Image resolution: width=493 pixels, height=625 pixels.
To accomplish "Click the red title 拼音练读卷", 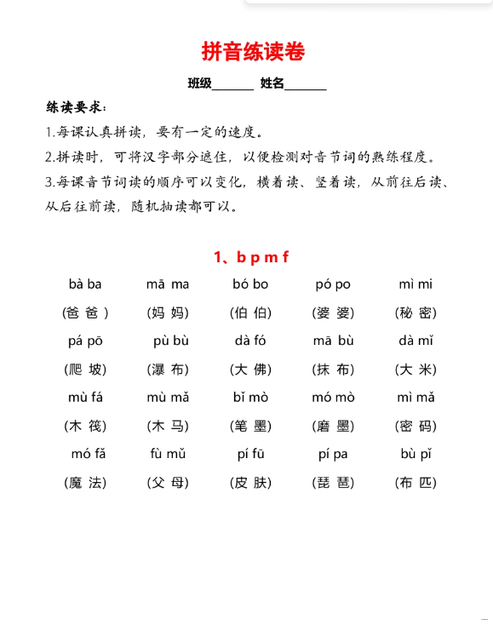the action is point(253,52).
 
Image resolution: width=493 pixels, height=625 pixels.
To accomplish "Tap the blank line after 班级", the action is point(232,84).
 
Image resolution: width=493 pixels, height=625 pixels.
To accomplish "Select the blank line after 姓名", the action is point(306,84).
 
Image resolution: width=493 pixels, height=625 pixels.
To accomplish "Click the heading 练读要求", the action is point(76,107).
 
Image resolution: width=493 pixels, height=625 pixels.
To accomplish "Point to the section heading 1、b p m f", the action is point(251,257).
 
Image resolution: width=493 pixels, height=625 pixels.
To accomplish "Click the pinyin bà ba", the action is point(85,284).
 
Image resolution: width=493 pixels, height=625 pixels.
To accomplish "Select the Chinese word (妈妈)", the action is point(168,312).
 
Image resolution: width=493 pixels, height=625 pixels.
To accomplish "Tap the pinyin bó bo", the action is point(250,284).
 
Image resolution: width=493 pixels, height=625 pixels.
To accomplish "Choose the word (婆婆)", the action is point(333,312).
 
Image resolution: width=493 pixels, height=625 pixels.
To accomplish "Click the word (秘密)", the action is point(416,312).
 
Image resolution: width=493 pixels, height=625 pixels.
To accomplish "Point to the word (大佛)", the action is point(250,370).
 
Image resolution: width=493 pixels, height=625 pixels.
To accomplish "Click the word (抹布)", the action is point(333,370).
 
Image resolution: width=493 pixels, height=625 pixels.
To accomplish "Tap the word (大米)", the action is point(416,370).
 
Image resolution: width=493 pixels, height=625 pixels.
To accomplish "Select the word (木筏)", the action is point(85,426).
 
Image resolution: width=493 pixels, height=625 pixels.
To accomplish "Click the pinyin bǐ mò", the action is point(250,398).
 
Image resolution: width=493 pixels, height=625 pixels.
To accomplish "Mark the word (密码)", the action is point(416,426).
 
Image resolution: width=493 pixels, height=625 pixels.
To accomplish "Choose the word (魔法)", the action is point(85,482).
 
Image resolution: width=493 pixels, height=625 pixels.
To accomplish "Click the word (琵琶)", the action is point(333,482).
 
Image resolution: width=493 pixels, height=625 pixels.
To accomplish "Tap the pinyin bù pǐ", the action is point(416,454).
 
